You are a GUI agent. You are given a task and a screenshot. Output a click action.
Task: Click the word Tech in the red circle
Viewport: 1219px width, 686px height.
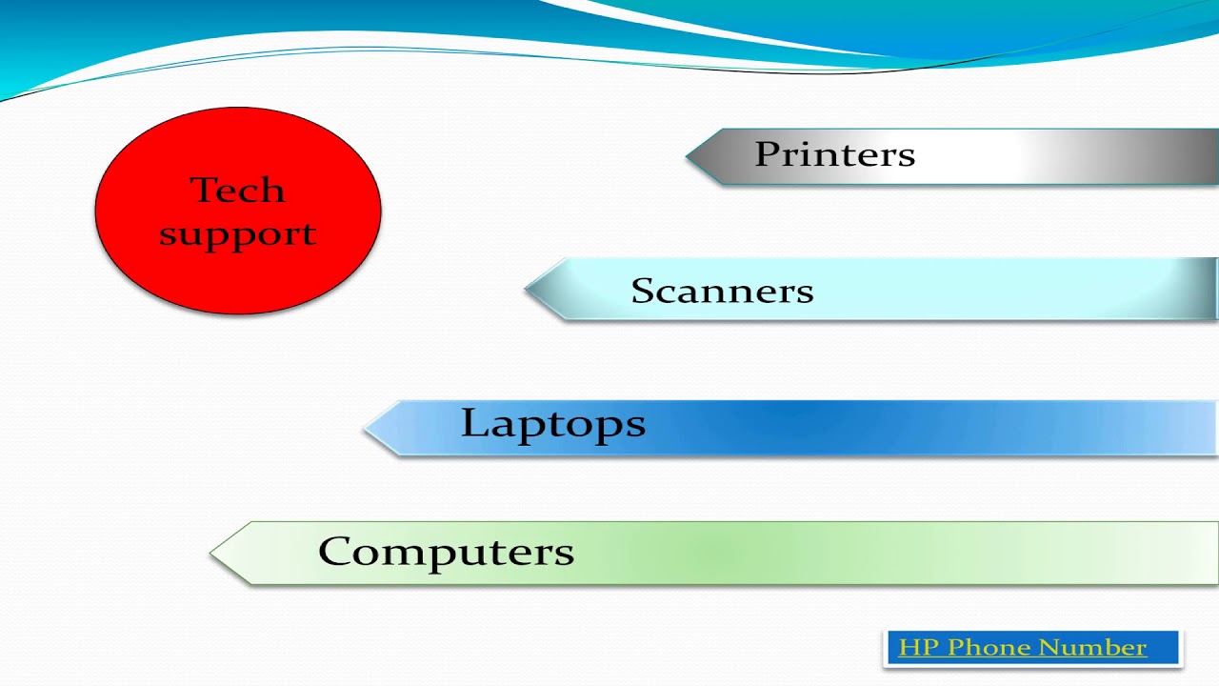[x=237, y=190]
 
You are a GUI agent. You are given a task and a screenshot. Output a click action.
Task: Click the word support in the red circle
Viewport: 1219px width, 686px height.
[x=237, y=234]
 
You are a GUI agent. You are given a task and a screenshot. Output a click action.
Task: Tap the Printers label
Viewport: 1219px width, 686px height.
[x=834, y=154]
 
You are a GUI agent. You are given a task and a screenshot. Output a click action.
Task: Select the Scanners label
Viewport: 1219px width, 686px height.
[x=722, y=291]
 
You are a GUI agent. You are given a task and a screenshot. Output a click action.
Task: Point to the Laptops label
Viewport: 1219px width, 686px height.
[x=552, y=424]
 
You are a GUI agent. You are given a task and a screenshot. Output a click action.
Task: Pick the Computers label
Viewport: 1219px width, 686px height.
[x=446, y=552]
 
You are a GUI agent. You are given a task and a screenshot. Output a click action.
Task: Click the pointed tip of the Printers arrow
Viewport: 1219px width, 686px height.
[x=689, y=156]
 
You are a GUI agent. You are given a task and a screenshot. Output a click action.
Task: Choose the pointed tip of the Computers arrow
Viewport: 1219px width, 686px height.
[x=212, y=553]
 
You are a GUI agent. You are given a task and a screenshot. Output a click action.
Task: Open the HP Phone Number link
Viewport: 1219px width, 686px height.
[x=1022, y=648]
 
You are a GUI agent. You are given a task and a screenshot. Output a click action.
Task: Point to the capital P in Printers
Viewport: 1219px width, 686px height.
[x=766, y=154]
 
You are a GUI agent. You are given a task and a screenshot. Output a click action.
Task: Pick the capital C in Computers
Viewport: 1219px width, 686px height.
[x=335, y=552]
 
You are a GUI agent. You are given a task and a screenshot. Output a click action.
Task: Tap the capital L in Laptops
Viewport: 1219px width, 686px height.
[x=473, y=423]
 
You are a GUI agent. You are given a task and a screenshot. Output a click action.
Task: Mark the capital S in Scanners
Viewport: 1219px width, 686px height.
[x=643, y=291]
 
